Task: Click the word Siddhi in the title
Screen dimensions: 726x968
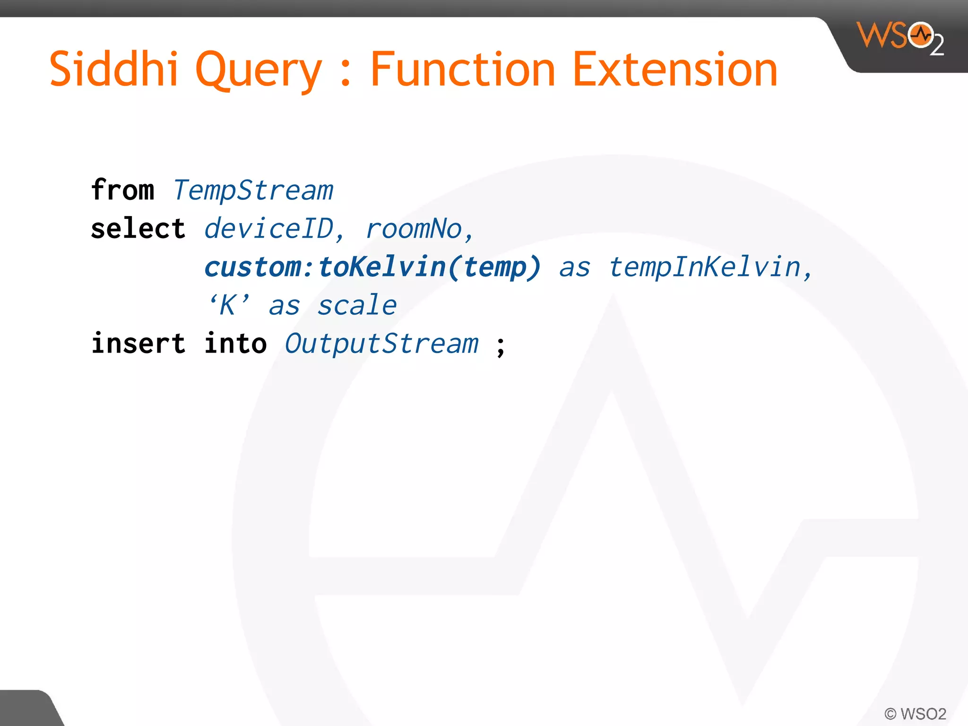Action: tap(113, 69)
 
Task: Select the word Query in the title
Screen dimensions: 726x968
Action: tap(258, 71)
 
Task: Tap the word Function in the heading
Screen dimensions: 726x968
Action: tap(462, 69)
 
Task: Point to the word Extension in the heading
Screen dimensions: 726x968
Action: tap(675, 69)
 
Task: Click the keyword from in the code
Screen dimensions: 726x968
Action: tap(122, 190)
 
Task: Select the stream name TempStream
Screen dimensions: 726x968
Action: tap(253, 191)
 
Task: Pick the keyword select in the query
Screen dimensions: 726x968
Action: tap(138, 229)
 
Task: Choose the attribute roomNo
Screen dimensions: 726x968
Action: tap(414, 229)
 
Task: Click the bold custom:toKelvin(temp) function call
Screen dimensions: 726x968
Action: tap(372, 268)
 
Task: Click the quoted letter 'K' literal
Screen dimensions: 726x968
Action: tap(228, 305)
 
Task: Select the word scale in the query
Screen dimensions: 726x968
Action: tap(357, 306)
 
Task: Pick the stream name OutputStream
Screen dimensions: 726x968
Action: tap(381, 344)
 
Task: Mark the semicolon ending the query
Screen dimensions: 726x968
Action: tap(501, 346)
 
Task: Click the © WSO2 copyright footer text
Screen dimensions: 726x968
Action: tap(915, 713)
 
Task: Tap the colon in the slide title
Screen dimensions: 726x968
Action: tap(346, 76)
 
